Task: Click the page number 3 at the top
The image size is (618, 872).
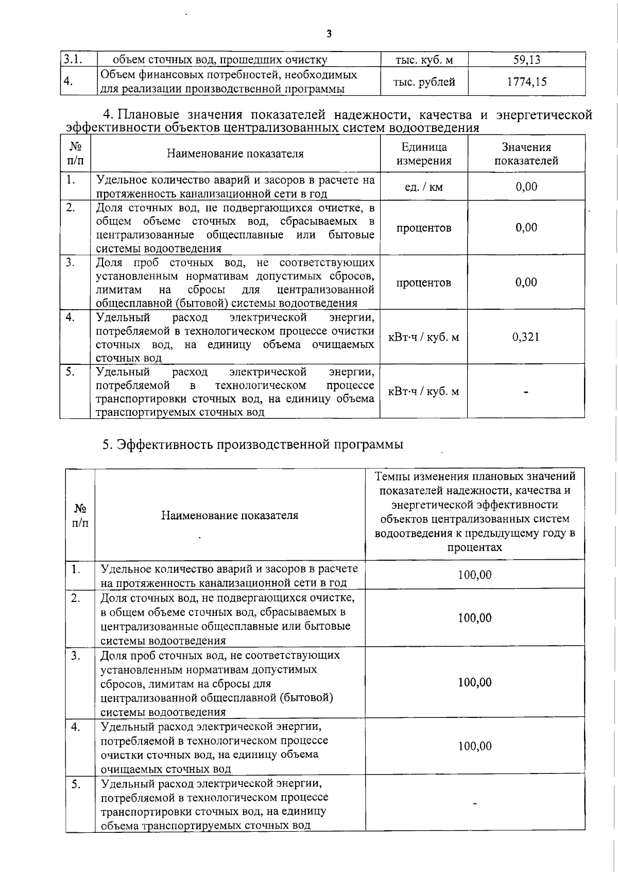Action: pyautogui.click(x=329, y=34)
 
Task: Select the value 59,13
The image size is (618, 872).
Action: pyautogui.click(x=526, y=60)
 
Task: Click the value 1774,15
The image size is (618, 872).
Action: pyautogui.click(x=526, y=81)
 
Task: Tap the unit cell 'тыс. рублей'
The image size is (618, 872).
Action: pyautogui.click(x=424, y=81)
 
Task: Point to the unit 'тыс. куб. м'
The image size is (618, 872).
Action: pyautogui.click(x=424, y=60)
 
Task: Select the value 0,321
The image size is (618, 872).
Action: pyautogui.click(x=526, y=337)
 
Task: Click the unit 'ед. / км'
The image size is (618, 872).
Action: pyautogui.click(x=424, y=187)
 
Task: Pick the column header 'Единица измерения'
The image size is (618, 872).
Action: pyautogui.click(x=424, y=154)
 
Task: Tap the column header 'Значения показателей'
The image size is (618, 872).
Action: pyautogui.click(x=526, y=154)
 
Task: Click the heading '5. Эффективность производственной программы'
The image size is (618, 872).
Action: pyautogui.click(x=252, y=444)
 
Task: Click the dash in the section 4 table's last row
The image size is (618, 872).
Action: pyautogui.click(x=526, y=392)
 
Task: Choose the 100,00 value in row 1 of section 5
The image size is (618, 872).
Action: pyautogui.click(x=475, y=575)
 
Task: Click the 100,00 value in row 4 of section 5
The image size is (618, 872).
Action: pyautogui.click(x=475, y=746)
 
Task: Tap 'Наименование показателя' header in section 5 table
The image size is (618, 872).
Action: pyautogui.click(x=230, y=515)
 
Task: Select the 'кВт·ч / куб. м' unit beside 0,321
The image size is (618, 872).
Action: pyautogui.click(x=424, y=337)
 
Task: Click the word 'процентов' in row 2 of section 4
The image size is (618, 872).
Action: pyautogui.click(x=424, y=228)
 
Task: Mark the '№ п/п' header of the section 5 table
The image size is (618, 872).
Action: pyautogui.click(x=80, y=515)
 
